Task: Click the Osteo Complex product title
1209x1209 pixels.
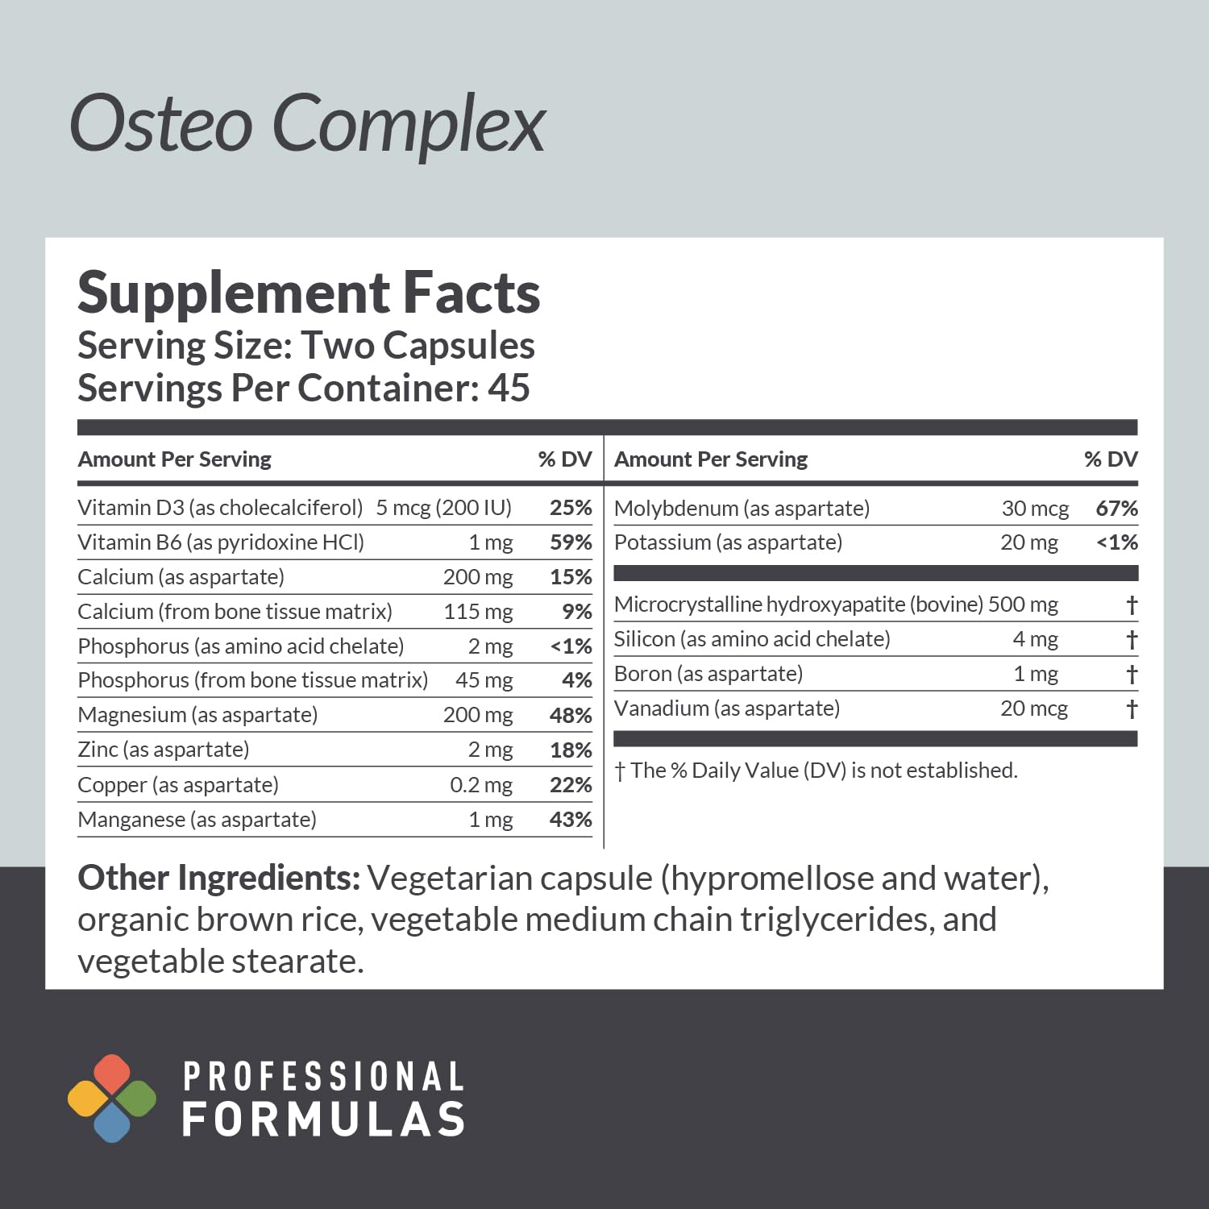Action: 308,124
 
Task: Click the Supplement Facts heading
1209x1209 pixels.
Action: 309,293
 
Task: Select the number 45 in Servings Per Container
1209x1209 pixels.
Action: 509,388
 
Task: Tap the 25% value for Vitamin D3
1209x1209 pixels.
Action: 571,508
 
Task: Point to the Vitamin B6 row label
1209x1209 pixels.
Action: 221,542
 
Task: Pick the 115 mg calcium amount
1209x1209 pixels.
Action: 478,612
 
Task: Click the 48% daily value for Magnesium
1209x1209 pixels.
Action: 571,715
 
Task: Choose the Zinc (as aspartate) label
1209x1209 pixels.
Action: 164,750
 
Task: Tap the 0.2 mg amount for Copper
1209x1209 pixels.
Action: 481,785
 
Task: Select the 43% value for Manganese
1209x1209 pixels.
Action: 571,820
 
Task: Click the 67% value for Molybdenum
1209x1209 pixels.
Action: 1116,509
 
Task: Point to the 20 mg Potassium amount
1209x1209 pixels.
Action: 1029,542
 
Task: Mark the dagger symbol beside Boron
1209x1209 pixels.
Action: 1132,674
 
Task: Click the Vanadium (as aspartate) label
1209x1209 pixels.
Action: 727,708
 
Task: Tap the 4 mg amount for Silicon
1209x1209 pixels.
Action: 1035,639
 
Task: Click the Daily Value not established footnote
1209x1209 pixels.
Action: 816,771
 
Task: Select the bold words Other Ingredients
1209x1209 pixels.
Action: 218,879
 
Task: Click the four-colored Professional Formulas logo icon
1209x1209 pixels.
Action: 112,1098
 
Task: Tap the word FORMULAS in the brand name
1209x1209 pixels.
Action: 324,1120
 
